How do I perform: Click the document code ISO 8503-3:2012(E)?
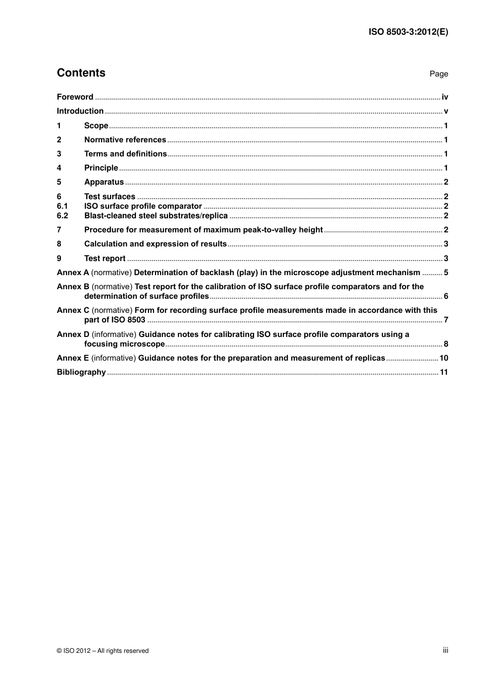(408, 32)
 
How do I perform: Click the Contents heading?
(81, 73)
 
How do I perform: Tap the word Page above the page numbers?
(438, 74)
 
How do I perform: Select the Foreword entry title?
(75, 97)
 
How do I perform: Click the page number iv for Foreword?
(445, 97)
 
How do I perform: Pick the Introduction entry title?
(80, 111)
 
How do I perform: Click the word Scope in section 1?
(96, 126)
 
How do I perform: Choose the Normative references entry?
(125, 140)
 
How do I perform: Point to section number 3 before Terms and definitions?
(59, 154)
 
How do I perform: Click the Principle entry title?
(101, 168)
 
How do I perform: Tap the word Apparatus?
(104, 182)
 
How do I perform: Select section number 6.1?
(62, 206)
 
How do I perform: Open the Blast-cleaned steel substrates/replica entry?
(156, 216)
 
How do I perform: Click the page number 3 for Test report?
(446, 259)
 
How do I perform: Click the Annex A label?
(72, 273)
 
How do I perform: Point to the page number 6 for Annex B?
(446, 296)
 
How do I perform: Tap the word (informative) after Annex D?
(114, 334)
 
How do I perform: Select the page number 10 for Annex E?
(444, 358)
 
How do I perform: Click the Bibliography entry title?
(81, 372)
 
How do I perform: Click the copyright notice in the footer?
(103, 651)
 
